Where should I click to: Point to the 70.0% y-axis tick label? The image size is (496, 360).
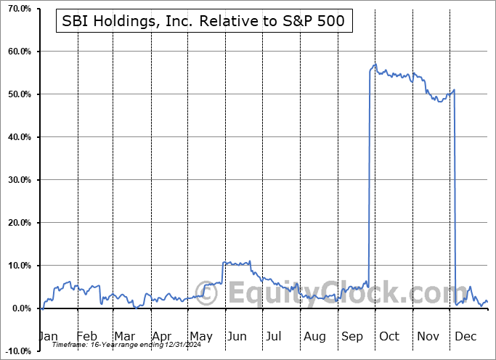(16, 9)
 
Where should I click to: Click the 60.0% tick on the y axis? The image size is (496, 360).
(16, 52)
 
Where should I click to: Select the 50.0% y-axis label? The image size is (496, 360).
(16, 94)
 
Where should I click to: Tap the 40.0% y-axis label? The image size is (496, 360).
(16, 137)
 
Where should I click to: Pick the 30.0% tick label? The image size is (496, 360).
(16, 180)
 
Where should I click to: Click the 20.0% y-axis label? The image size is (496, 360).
(16, 223)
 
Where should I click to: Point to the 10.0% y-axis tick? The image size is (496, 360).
(16, 266)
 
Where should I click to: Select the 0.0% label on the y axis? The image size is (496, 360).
(18, 308)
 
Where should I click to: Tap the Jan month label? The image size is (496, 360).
(48, 336)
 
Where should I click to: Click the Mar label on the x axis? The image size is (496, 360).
(124, 336)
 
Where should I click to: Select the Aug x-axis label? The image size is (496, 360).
(315, 336)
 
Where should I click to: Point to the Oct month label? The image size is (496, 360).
(389, 336)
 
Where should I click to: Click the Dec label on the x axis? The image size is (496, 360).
(466, 336)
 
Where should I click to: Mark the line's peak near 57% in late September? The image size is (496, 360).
(374, 65)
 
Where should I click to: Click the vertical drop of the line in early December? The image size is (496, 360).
(455, 196)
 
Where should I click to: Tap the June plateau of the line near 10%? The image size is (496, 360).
(237, 263)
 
